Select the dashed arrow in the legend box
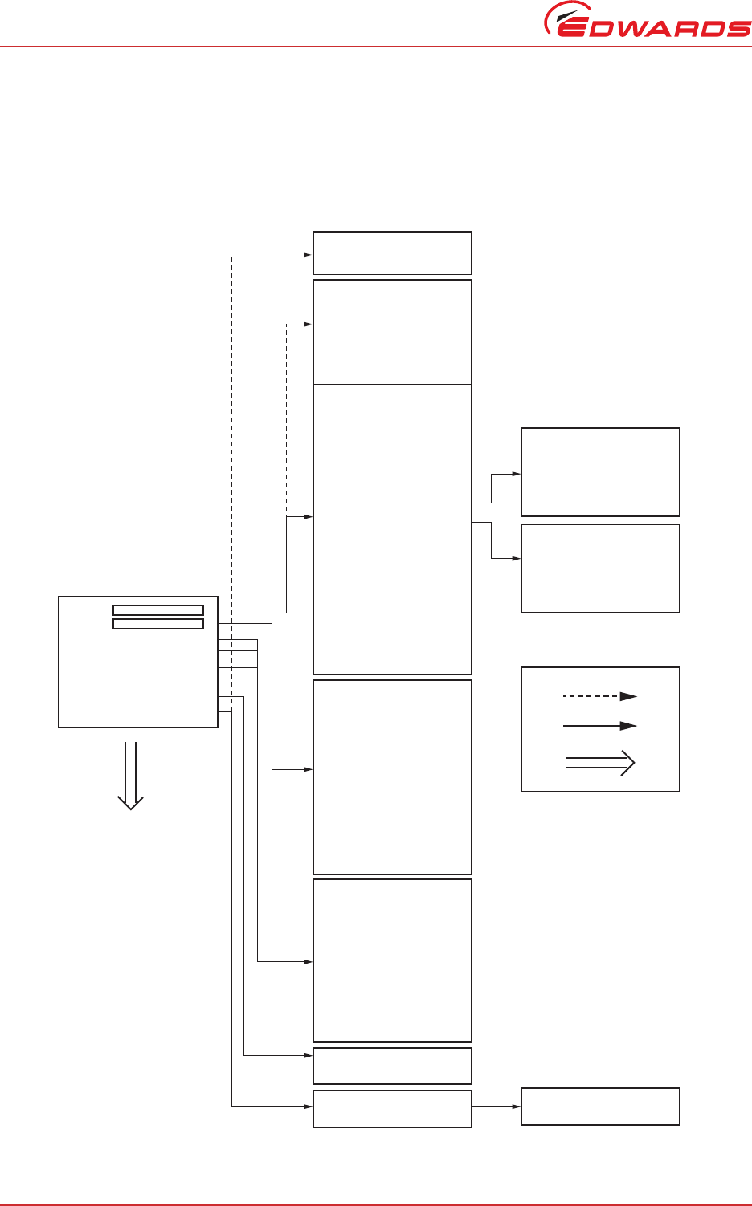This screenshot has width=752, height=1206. point(600,696)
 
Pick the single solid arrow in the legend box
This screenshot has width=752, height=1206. point(600,726)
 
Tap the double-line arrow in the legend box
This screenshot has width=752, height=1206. point(600,763)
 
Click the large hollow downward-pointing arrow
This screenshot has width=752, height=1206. point(130,775)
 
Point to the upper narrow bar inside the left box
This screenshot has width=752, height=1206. point(158,610)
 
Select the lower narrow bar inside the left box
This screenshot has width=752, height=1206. point(158,624)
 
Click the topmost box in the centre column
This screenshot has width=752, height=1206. point(392,253)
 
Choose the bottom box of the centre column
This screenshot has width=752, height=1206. point(392,1108)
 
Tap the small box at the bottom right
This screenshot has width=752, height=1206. point(600,1106)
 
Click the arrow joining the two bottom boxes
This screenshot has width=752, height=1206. point(497,1106)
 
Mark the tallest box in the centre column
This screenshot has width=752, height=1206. point(392,529)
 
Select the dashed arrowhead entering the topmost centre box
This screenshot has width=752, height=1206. point(308,255)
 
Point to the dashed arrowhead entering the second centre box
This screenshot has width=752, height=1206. point(308,324)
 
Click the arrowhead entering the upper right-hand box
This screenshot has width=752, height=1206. point(517,475)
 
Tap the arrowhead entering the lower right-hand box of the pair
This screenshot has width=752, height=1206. point(517,558)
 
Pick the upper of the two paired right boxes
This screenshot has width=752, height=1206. point(600,472)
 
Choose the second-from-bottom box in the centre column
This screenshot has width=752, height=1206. point(392,1065)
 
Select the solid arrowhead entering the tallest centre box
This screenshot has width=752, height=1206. point(308,517)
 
